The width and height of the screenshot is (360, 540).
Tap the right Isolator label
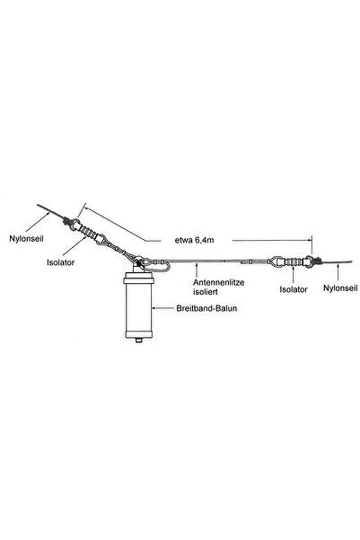click(x=294, y=288)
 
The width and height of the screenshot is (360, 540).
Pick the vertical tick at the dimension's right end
click(x=312, y=243)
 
